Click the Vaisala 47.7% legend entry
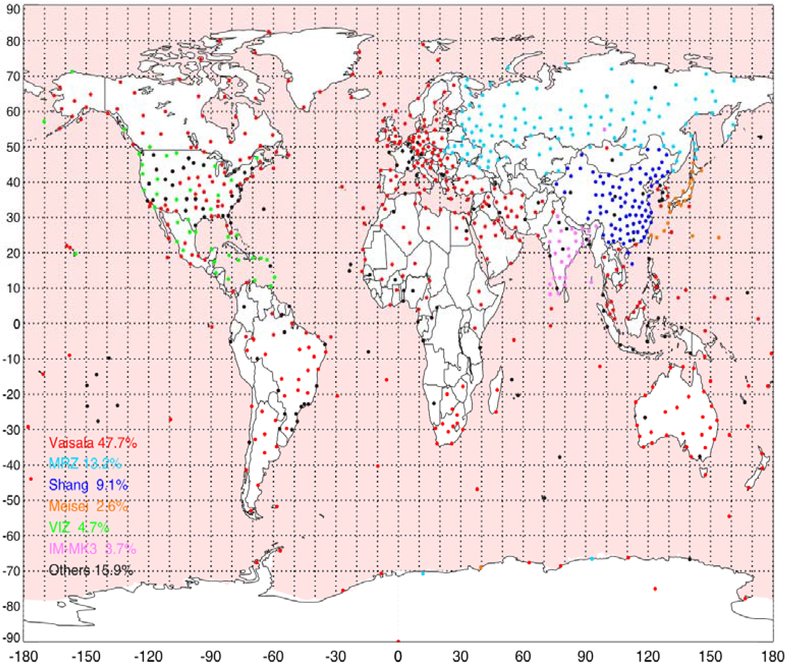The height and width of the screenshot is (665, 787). point(93,443)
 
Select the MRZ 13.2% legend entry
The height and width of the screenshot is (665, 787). point(85,463)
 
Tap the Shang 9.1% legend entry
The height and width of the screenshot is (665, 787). point(88,484)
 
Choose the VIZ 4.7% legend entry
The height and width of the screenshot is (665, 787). point(79,527)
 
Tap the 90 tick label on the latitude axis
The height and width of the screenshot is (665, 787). point(13,9)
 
